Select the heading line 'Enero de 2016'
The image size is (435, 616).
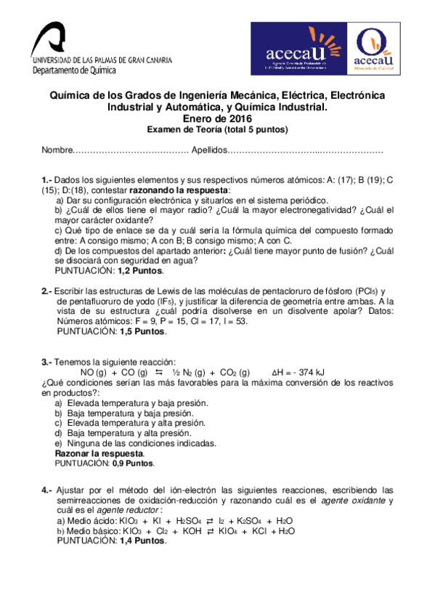217,118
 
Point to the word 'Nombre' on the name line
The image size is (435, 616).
57,150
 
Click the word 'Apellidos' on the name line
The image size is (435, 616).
209,150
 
